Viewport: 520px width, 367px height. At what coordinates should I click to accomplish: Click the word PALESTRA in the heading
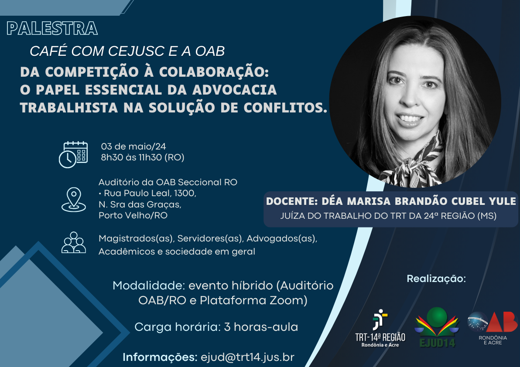tap(52, 28)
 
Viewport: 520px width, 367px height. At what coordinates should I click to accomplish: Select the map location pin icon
tap(74, 199)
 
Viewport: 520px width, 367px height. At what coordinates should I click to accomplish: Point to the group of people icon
tap(74, 242)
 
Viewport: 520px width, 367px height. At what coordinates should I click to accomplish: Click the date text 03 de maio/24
tap(133, 146)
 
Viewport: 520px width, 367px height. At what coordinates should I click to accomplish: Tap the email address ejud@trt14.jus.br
tap(247, 357)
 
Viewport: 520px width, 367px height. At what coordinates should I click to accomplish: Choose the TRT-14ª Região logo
tap(380, 328)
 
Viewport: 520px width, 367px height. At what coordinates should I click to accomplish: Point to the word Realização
tap(436, 279)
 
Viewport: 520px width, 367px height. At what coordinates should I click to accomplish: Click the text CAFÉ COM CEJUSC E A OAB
tap(127, 51)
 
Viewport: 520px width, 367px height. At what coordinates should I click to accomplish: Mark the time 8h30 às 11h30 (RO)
tap(143, 157)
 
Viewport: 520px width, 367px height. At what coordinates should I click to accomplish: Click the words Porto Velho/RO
tap(133, 215)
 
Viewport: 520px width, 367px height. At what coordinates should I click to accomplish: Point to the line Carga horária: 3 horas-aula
tap(216, 327)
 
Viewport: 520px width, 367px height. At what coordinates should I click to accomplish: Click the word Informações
tap(160, 357)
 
